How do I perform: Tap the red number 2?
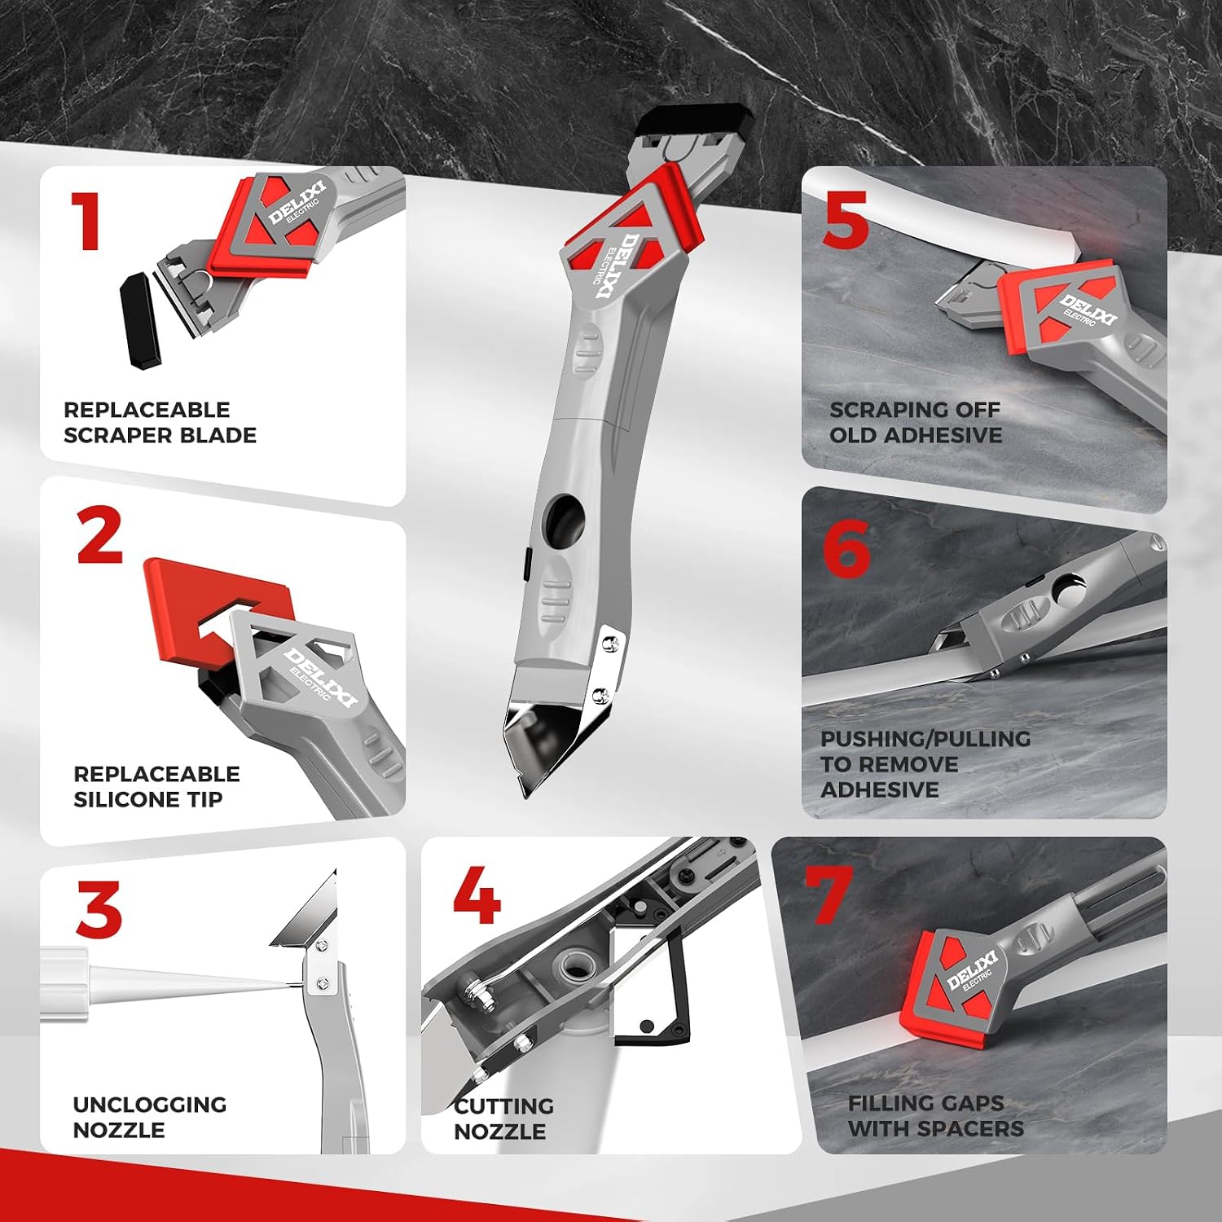pyautogui.click(x=99, y=535)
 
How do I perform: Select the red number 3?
pyautogui.click(x=99, y=908)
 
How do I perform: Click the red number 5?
pyautogui.click(x=845, y=222)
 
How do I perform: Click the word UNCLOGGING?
pyautogui.click(x=150, y=1105)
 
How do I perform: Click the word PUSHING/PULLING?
pyautogui.click(x=925, y=739)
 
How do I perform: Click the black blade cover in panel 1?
pyautogui.click(x=141, y=320)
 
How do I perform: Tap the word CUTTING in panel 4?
pyautogui.click(x=503, y=1106)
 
